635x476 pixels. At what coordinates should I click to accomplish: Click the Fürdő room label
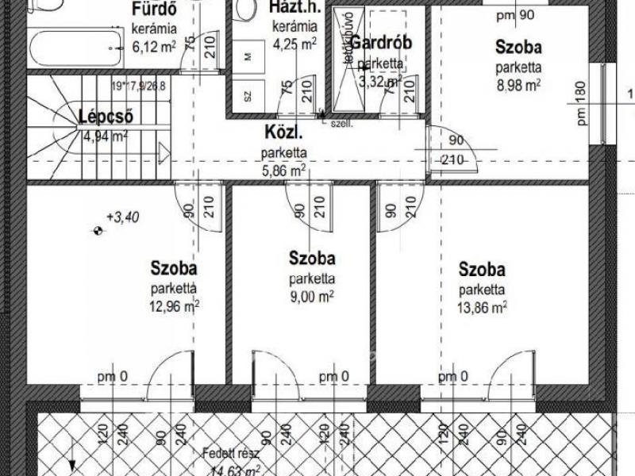[x=153, y=10]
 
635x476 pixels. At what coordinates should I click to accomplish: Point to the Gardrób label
[x=381, y=43]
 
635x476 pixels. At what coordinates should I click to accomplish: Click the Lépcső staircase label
[x=106, y=118]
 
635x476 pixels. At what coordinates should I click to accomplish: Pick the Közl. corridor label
[x=283, y=134]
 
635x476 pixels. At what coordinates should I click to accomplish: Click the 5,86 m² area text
[x=283, y=169]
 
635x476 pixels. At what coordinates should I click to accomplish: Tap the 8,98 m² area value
[x=518, y=82]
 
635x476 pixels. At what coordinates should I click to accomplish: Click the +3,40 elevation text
[x=122, y=215]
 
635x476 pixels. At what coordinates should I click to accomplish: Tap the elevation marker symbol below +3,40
[x=97, y=231]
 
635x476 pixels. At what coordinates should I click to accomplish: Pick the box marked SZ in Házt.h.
[x=248, y=96]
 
